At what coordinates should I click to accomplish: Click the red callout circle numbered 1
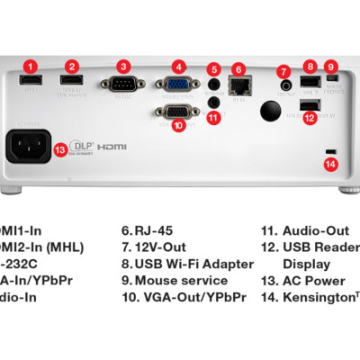point(31,66)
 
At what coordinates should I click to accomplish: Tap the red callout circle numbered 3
point(124,66)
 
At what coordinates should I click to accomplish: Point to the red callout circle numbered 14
point(330,164)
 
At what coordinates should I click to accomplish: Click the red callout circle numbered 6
point(238,69)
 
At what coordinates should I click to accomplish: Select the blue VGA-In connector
point(180,86)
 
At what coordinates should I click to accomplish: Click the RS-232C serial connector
point(124,86)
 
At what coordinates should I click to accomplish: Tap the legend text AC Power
point(314,281)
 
